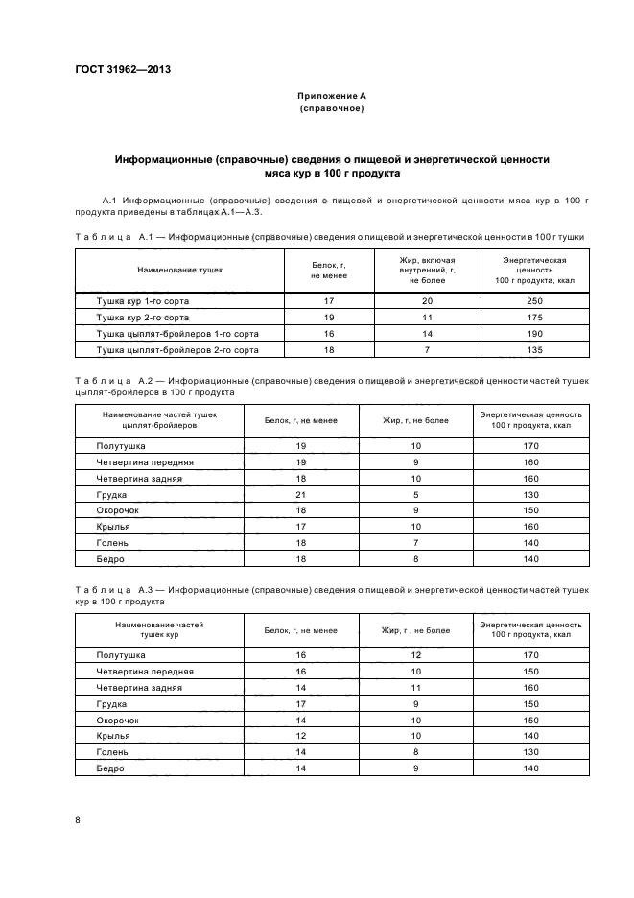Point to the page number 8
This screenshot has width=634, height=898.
tap(78, 820)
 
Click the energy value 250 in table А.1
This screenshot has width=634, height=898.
tap(536, 300)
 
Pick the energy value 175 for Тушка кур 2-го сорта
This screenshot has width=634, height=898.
tap(536, 317)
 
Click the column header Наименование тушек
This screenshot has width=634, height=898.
tap(179, 270)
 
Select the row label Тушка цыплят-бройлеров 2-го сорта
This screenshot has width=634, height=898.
tap(177, 350)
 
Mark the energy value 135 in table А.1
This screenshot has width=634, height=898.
tap(536, 350)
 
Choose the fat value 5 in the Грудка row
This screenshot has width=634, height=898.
tap(416, 494)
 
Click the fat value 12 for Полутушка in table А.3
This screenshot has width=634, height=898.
tap(416, 655)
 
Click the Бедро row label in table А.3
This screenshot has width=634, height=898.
tap(110, 768)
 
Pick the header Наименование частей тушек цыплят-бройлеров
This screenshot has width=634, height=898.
tap(159, 419)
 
